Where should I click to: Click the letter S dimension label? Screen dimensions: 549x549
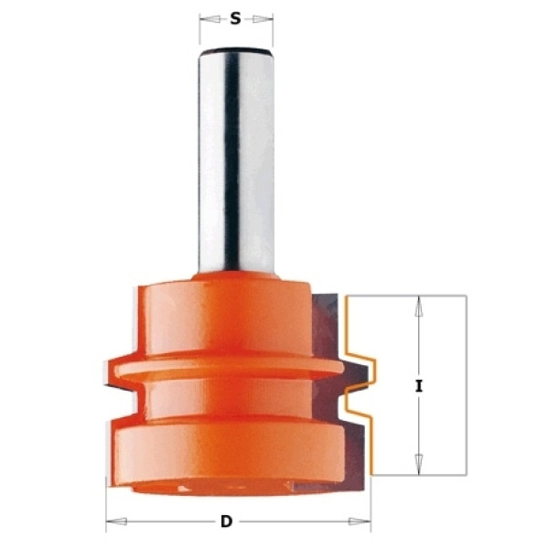(236, 19)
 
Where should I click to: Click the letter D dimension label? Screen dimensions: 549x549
(227, 522)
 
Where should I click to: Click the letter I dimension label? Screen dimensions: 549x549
(418, 386)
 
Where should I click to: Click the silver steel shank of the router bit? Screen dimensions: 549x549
(236, 161)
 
